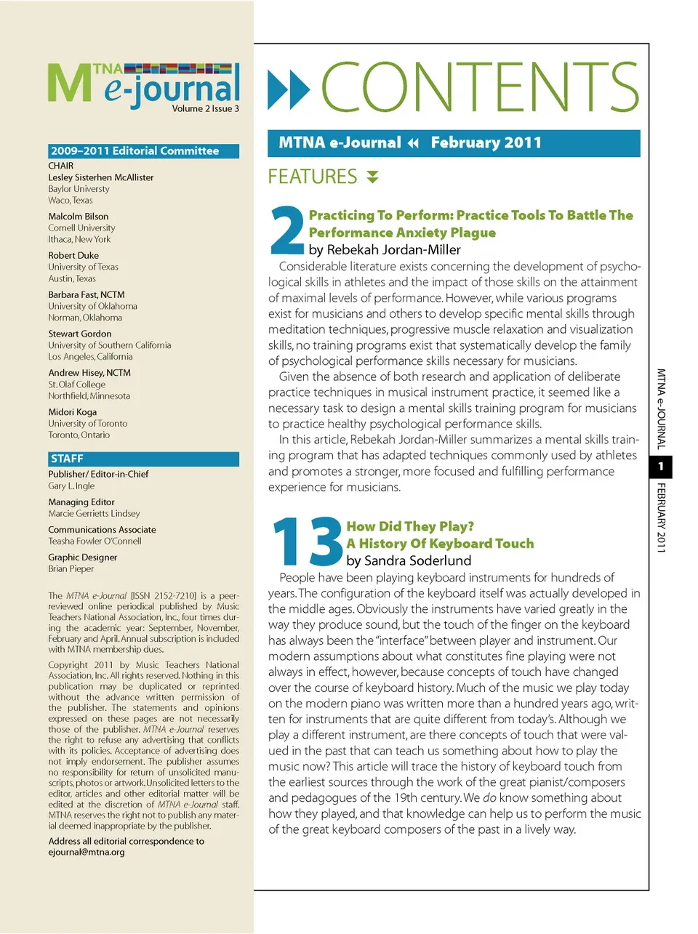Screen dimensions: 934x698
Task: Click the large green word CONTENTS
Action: coord(480,87)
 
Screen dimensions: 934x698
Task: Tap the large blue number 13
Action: coord(307,542)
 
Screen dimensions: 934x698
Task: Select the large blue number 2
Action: coord(287,230)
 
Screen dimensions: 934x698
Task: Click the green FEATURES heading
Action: coord(313,177)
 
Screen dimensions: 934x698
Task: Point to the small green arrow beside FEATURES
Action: coord(372,177)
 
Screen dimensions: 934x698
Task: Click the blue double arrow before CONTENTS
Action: coord(289,89)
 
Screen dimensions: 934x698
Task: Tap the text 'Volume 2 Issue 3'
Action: coord(205,109)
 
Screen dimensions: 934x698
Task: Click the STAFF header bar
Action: coord(143,459)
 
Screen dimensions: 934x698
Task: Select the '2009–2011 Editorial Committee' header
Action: coord(143,151)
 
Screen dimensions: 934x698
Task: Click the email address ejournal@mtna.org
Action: coord(87,852)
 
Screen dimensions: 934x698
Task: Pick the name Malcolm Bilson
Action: coord(79,217)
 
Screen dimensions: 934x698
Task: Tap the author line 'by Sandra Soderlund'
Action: coord(409,560)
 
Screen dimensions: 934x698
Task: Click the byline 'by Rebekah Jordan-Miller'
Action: coord(385,249)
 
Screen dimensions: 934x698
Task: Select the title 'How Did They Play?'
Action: coord(410,526)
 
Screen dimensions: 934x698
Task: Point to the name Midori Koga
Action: coord(73,412)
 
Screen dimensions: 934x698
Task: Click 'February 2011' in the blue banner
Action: coord(486,142)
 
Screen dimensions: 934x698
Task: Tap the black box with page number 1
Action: coord(660,467)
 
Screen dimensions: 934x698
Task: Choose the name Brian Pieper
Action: coord(71,569)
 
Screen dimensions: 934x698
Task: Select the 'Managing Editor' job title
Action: coord(81,502)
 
